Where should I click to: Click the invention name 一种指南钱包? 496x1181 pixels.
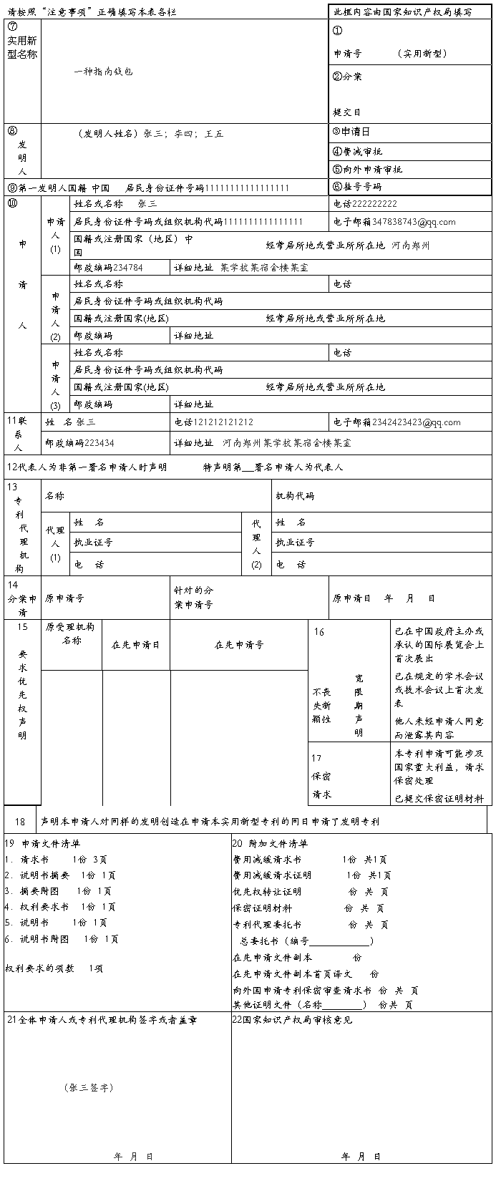(x=103, y=72)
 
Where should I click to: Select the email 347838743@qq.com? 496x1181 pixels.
(x=414, y=222)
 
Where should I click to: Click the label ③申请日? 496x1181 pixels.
(x=351, y=132)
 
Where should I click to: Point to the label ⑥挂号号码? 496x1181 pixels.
(x=356, y=187)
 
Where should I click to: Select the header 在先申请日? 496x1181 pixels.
(x=136, y=644)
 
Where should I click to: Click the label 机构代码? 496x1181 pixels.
(x=295, y=496)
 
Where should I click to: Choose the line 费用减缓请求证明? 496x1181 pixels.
(x=272, y=875)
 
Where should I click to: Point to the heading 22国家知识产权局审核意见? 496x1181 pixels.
(x=292, y=1020)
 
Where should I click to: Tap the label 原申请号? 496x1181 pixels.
(x=64, y=598)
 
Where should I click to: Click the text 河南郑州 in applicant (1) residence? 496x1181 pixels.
(x=410, y=245)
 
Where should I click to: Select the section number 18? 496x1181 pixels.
(x=20, y=822)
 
